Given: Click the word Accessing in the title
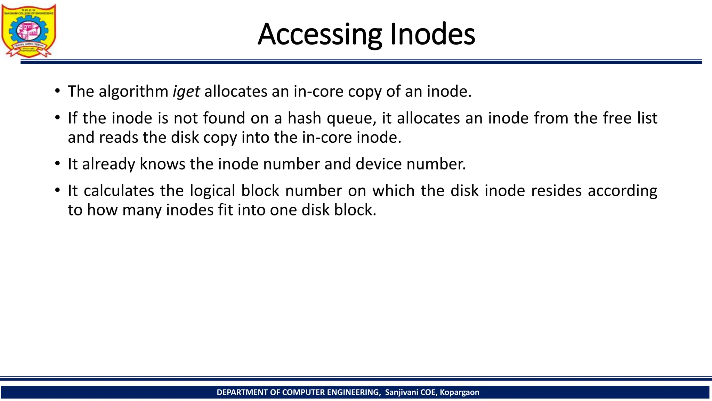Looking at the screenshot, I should coord(320,34).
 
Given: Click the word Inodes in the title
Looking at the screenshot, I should coord(432,34).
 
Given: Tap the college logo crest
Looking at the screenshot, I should coord(29,31).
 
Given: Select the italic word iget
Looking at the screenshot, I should coord(186,92).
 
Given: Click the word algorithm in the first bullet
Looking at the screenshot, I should coord(133,92).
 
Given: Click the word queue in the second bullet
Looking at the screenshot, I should coord(351,119).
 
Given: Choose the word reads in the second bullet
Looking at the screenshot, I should coord(119,137).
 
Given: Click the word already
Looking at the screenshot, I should coord(108,164).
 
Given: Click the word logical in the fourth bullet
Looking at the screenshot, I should coord(212,191).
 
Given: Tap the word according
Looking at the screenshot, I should coord(622,191).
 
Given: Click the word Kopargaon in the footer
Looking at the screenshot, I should coord(459,392).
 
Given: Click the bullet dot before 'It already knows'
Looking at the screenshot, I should coord(57,164).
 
